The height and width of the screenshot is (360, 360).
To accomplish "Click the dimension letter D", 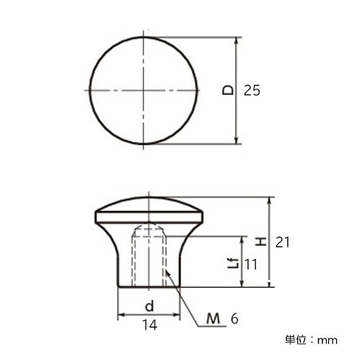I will [228, 91].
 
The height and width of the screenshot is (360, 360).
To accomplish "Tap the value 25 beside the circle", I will [251, 91].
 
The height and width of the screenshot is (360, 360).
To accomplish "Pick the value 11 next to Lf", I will [250, 265].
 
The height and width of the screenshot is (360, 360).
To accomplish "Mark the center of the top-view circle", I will [143, 90].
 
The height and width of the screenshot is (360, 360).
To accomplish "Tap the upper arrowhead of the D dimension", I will [237, 42].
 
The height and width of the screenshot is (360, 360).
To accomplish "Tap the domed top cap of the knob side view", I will [149, 205].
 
